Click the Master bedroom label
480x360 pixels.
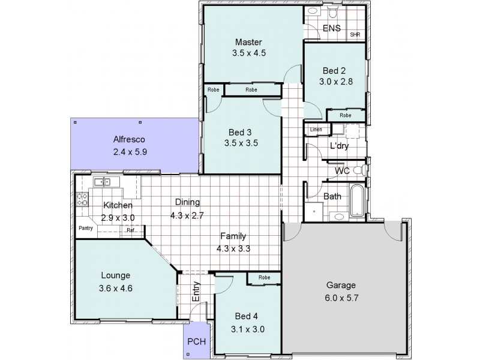click(249, 42)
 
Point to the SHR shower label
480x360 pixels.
click(355, 35)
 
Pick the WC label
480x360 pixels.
click(342, 171)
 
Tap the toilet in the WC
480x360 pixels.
click(358, 170)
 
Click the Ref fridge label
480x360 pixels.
click(130, 230)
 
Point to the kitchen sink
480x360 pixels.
click(100, 182)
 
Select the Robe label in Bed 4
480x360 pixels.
click(263, 278)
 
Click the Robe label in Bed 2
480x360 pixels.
click(345, 115)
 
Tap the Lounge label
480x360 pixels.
click(116, 276)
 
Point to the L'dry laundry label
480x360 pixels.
click(339, 146)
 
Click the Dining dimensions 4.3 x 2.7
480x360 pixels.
click(187, 214)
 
